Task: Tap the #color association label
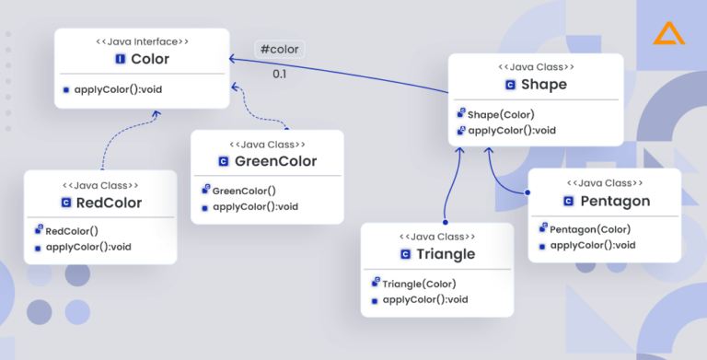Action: point(280,49)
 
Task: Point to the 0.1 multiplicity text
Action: point(279,73)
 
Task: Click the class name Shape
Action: point(543,85)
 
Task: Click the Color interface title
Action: point(150,59)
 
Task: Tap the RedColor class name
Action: point(109,203)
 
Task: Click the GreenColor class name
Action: point(275,161)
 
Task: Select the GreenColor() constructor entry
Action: point(243,191)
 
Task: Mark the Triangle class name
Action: point(445,254)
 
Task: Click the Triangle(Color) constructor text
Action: point(419,284)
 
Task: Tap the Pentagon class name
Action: point(615,201)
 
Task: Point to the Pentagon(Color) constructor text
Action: point(590,229)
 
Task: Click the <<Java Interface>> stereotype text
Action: point(143,41)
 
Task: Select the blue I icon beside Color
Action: point(120,59)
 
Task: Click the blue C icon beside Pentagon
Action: point(568,201)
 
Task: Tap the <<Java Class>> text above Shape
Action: point(537,67)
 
